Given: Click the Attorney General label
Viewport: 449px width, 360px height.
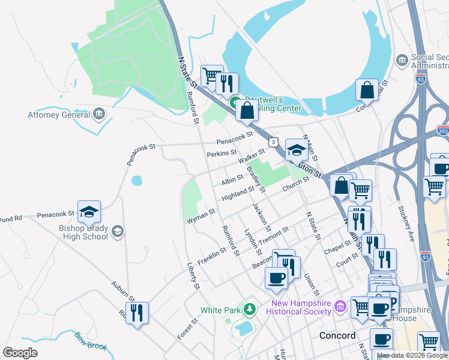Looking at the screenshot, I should [x=58, y=115].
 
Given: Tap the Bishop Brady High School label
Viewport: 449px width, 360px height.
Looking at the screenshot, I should [x=83, y=232].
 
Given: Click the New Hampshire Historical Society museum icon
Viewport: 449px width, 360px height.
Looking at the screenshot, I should [x=340, y=307].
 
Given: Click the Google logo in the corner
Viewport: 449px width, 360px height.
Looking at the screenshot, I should [x=20, y=353].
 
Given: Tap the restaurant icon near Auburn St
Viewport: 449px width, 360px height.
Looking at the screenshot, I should [x=137, y=313].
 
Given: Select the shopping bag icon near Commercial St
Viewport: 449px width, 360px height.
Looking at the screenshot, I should [x=367, y=90].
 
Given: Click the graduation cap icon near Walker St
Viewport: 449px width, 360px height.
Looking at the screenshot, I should [x=296, y=149].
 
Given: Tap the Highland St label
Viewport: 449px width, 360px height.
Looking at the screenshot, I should [x=238, y=193].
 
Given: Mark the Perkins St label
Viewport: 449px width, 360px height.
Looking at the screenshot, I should [x=221, y=154].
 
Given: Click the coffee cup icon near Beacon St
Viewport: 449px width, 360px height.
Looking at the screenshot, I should [x=277, y=277].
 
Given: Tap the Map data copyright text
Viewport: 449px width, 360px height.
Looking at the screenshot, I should [x=411, y=355].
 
